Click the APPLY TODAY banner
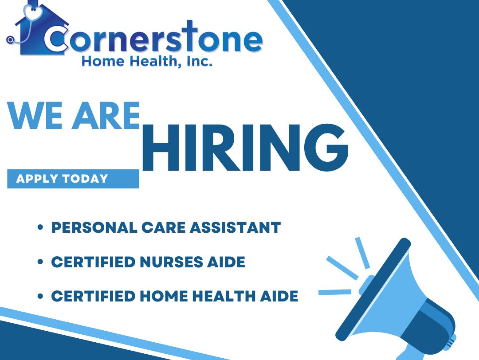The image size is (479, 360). point(73,179)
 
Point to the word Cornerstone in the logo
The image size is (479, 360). point(153,40)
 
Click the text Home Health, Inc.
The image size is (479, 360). point(147,62)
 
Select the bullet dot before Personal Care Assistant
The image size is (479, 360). point(40,228)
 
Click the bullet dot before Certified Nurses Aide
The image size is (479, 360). point(40,262)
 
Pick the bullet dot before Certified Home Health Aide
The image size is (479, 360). point(40,296)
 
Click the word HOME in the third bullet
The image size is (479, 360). point(158,296)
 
